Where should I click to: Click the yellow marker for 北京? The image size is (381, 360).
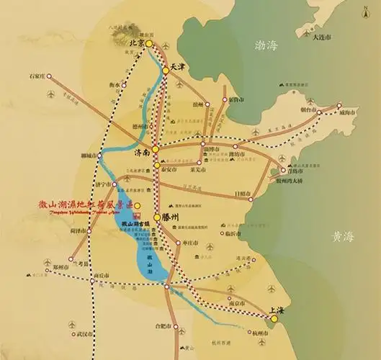click(x=149, y=44)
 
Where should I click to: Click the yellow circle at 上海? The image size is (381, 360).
click(x=274, y=318)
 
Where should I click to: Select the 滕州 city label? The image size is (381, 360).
click(x=174, y=216)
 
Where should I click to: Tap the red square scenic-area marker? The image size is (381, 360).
click(x=138, y=205)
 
